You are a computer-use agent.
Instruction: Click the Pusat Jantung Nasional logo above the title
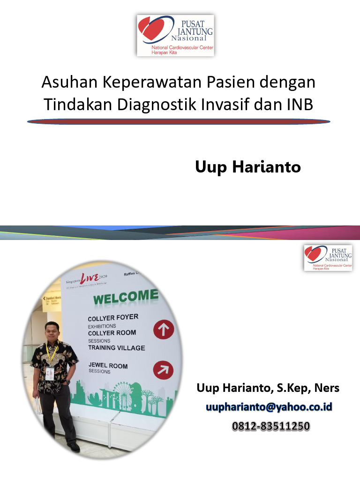(175, 36)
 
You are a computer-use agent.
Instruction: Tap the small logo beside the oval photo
(328, 257)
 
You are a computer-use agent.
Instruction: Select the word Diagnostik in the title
(155, 104)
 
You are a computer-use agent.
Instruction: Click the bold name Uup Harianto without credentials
(248, 167)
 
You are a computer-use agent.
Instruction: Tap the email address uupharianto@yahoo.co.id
(269, 407)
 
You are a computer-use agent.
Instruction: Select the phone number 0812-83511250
(271, 426)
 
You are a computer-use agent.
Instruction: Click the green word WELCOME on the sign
(126, 298)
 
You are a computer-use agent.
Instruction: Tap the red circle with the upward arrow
(164, 330)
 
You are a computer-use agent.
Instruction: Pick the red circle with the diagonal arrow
(163, 371)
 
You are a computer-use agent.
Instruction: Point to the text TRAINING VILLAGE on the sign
(117, 348)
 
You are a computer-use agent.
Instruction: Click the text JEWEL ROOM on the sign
(108, 365)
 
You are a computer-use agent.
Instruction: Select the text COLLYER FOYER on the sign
(113, 317)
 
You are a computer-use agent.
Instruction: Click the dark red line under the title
(179, 121)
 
